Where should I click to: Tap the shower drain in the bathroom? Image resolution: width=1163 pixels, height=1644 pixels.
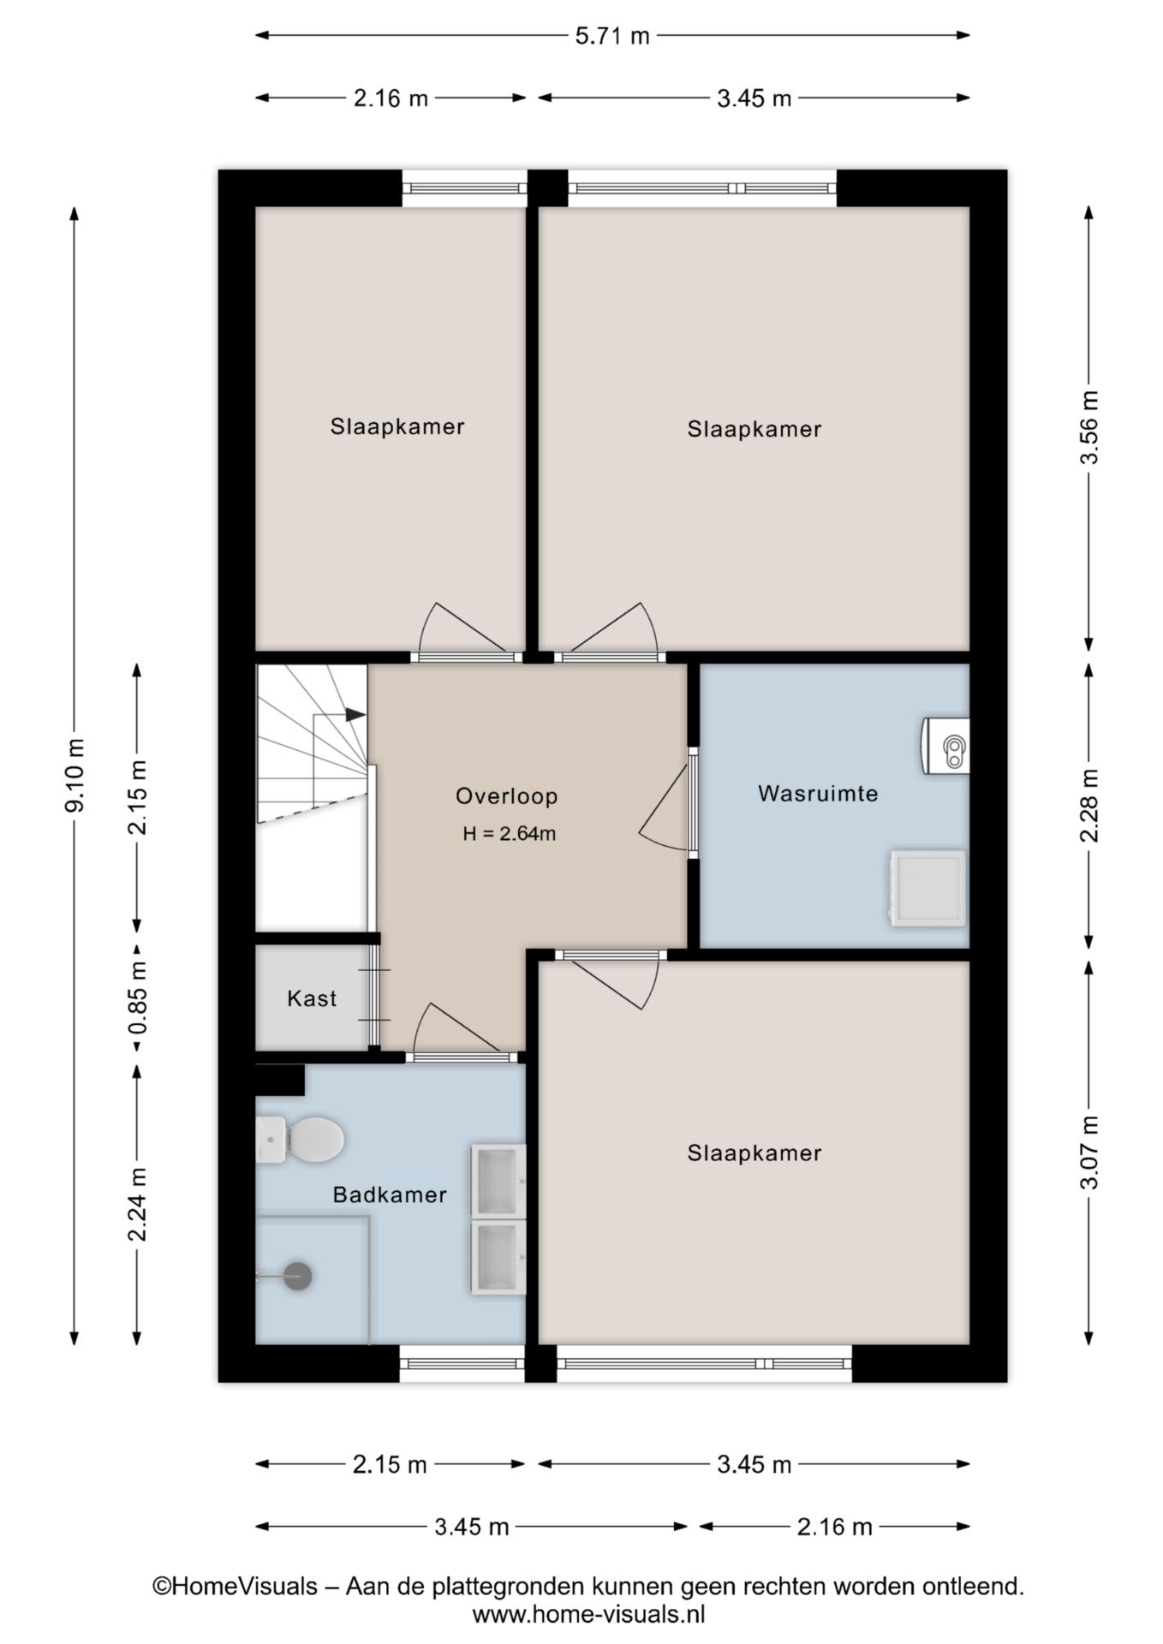(x=297, y=1276)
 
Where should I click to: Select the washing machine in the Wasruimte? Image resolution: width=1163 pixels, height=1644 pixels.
(x=927, y=887)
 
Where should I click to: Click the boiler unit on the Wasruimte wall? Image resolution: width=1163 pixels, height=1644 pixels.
(x=946, y=747)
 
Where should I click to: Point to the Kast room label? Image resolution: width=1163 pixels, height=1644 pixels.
(x=312, y=998)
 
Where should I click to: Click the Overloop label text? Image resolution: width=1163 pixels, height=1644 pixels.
(x=507, y=795)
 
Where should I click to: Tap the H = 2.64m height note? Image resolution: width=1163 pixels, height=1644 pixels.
(x=510, y=833)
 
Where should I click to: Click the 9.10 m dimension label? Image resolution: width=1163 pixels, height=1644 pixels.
(x=75, y=774)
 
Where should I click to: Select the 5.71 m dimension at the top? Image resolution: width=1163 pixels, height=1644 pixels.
(x=611, y=35)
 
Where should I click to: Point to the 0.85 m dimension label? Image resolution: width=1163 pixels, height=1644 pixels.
(x=137, y=998)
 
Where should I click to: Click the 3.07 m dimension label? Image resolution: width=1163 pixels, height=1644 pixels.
(x=1088, y=1152)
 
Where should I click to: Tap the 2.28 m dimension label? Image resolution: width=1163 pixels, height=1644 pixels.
(x=1088, y=805)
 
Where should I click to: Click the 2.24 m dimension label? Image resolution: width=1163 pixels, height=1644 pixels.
(x=137, y=1204)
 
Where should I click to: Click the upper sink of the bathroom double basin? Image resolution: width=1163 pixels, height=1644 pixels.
(x=498, y=1181)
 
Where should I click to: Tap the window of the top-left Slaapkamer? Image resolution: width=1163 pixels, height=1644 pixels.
(x=464, y=188)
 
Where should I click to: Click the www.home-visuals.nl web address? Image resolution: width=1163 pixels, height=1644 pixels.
(x=588, y=1614)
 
